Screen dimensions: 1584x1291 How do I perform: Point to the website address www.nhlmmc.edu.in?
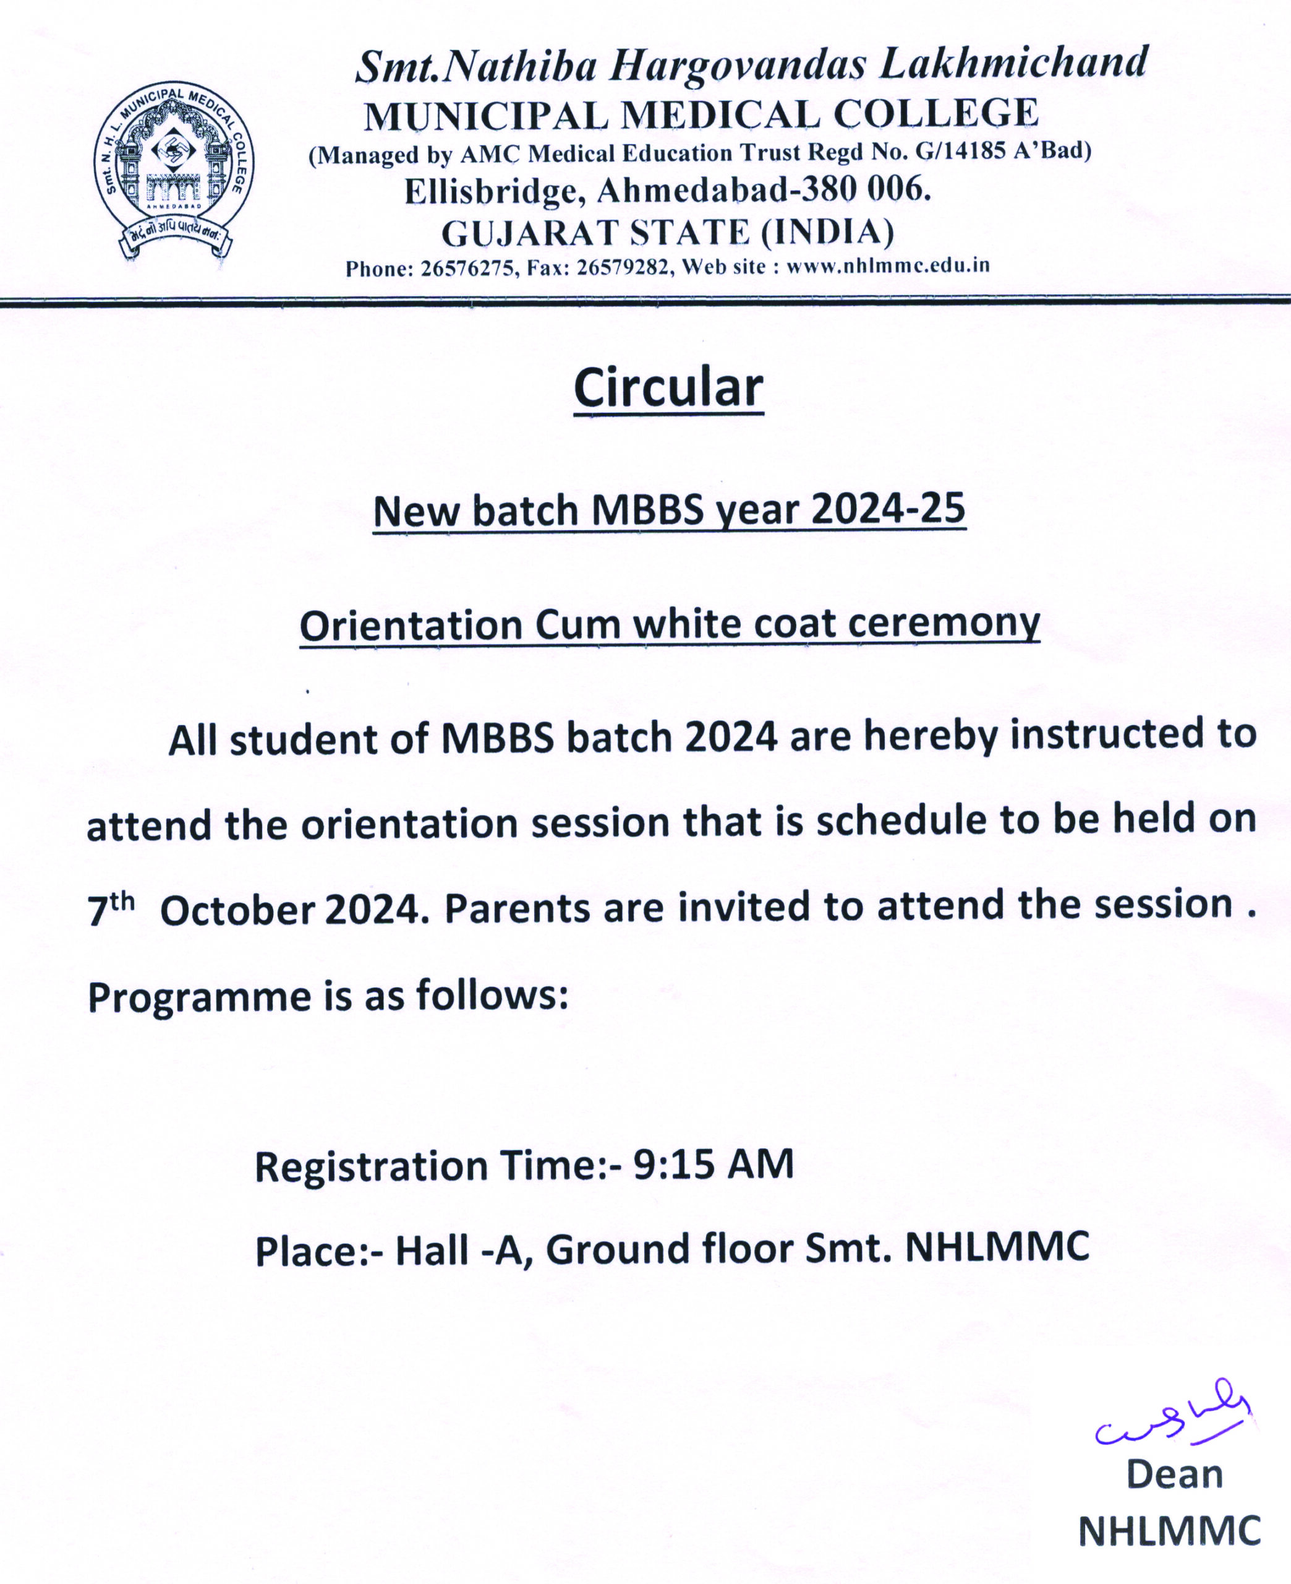[x=888, y=266]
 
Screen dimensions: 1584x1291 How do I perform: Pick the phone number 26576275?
[x=467, y=268]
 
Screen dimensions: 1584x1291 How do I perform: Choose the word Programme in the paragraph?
[x=199, y=996]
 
